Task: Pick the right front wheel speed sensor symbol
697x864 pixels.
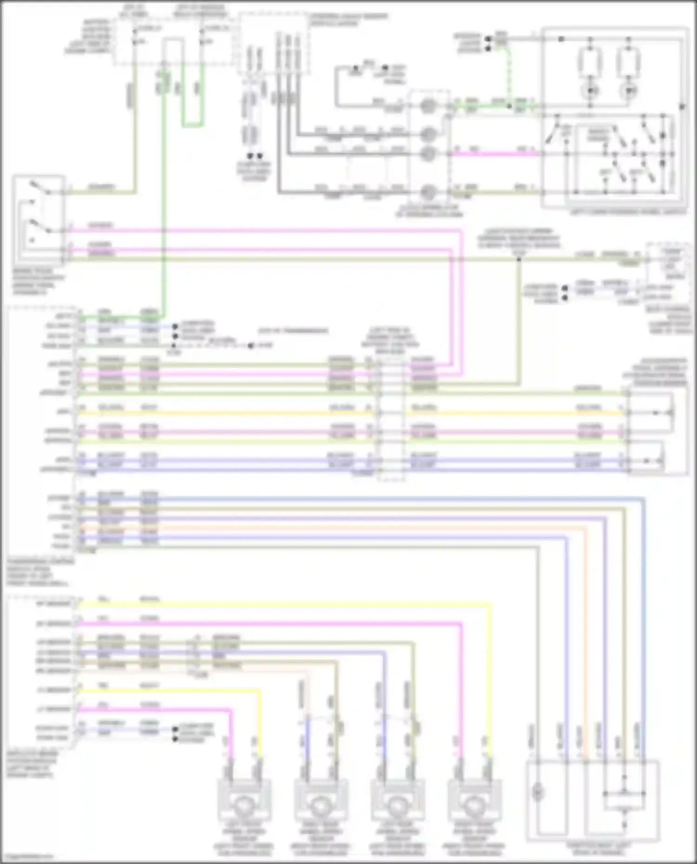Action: pyautogui.click(x=474, y=806)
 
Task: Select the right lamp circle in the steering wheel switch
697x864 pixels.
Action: pyautogui.click(x=630, y=90)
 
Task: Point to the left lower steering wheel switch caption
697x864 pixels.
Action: pyautogui.click(x=627, y=212)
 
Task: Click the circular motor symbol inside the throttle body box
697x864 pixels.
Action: pyautogui.click(x=538, y=792)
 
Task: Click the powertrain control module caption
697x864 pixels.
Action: pyautogui.click(x=39, y=572)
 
